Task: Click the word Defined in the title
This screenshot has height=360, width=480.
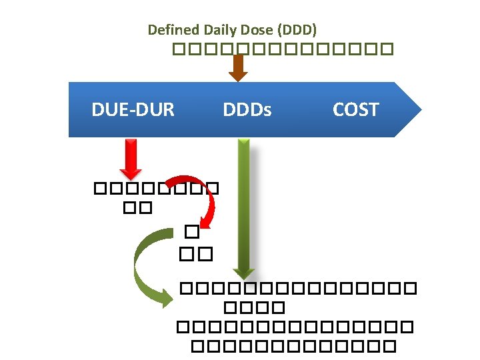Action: [x=165, y=30]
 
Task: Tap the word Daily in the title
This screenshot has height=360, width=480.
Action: [x=203, y=30]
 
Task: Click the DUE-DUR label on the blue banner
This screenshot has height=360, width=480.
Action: [x=133, y=109]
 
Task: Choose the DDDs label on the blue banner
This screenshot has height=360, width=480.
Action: [x=247, y=109]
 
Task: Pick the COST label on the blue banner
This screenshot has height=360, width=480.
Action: [x=355, y=109]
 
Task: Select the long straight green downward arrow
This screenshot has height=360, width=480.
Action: [x=244, y=207]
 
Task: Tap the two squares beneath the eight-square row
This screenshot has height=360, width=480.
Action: [x=138, y=209]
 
